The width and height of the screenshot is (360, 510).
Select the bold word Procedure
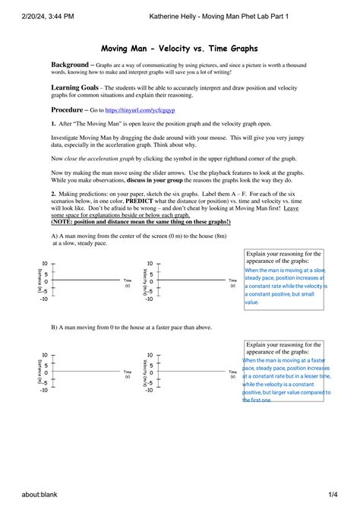(69, 109)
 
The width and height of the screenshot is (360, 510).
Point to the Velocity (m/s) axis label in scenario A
(143, 282)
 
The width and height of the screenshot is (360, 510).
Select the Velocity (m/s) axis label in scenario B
(143, 373)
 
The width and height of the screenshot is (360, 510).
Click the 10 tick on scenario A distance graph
(45, 265)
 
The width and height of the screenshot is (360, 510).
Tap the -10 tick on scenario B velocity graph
(150, 391)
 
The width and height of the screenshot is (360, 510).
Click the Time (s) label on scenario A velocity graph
(233, 283)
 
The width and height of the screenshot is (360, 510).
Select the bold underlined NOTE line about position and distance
(141, 221)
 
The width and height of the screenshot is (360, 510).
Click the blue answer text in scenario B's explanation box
(286, 379)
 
